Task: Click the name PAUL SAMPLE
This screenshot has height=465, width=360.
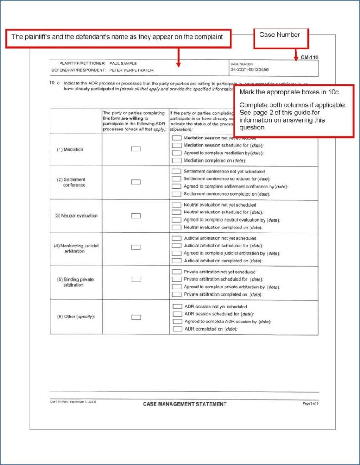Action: point(123,63)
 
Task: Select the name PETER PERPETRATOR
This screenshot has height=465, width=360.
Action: point(131,70)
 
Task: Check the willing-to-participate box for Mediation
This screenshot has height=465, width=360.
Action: point(136,149)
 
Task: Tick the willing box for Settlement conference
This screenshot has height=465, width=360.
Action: point(136,182)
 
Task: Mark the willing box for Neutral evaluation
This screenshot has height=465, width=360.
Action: point(136,216)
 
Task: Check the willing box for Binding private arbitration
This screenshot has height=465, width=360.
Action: point(136,279)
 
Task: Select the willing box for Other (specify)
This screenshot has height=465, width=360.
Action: point(136,317)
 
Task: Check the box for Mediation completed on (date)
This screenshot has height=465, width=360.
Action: point(177,160)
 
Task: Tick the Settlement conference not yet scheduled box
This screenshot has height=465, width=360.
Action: point(177,172)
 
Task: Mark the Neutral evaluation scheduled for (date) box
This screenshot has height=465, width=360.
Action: point(177,212)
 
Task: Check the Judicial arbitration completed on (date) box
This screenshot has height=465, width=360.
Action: point(177,261)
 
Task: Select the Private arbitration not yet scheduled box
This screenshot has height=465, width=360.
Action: point(177,272)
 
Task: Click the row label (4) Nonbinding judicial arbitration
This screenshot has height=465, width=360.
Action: point(76,248)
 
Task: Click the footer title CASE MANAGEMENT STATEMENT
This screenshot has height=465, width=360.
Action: point(185,404)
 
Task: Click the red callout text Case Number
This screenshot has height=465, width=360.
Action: point(280,35)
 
